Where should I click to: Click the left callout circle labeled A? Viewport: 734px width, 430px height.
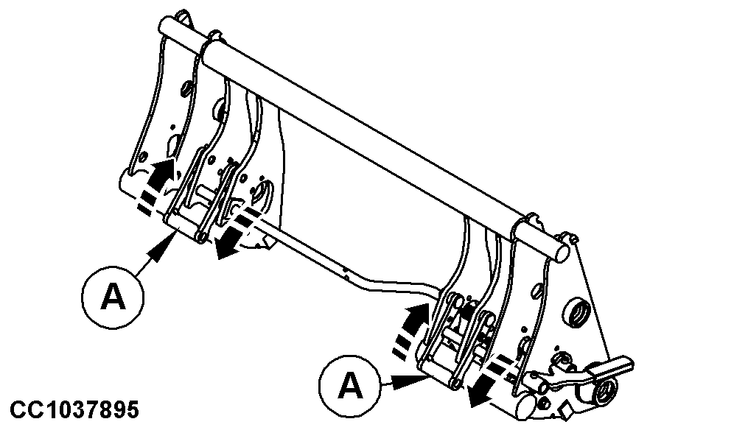coord(113,297)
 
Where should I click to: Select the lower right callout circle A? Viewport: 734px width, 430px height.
coord(351,386)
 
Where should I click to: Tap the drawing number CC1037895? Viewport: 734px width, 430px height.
coord(74,409)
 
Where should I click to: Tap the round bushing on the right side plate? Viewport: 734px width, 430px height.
coord(577,311)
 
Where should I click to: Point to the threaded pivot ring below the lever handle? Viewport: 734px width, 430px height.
coord(607,386)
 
